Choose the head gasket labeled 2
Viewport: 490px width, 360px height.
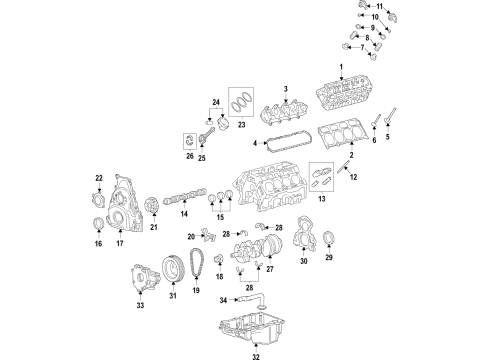click(346, 139)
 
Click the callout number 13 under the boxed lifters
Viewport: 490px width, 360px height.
click(323, 200)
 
